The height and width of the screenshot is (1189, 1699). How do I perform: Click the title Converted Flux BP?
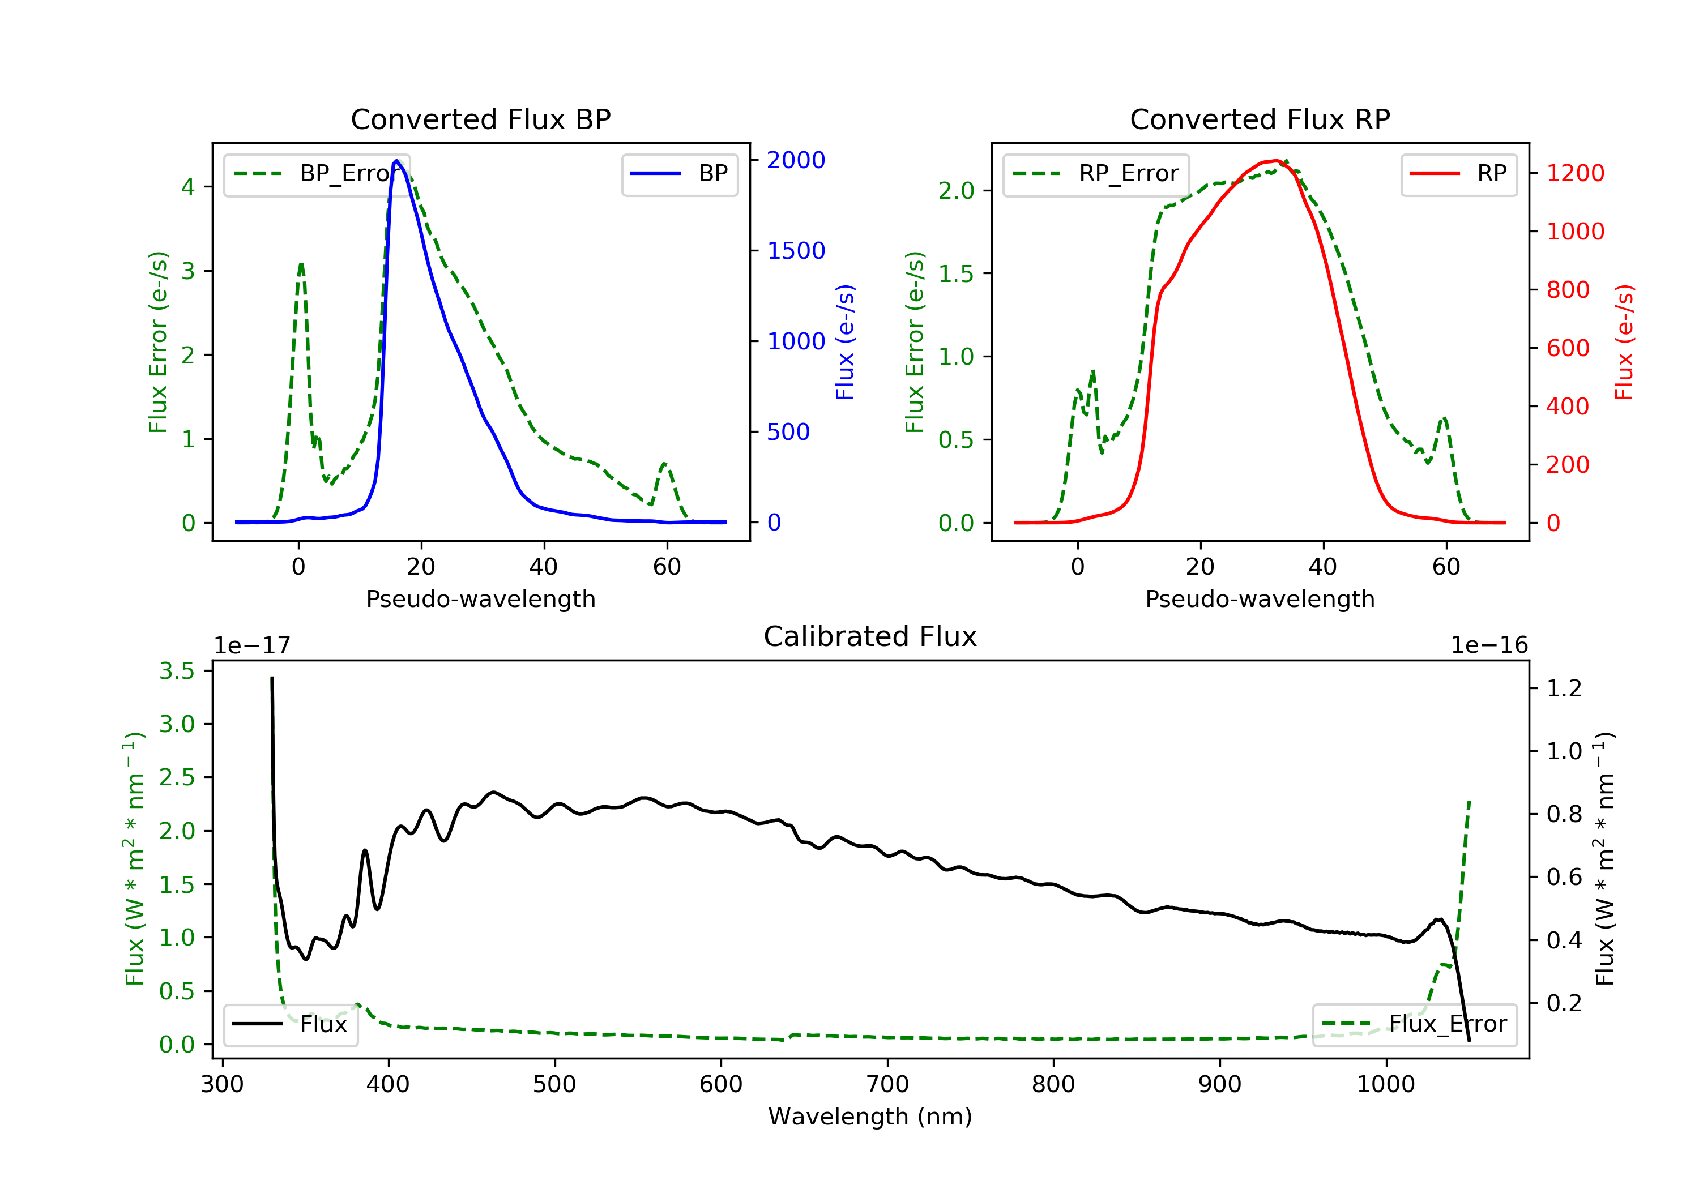tap(480, 119)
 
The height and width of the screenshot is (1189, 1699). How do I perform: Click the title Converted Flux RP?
tap(1260, 119)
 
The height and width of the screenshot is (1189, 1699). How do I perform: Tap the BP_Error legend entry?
tap(317, 174)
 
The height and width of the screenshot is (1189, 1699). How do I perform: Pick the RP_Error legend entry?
tap(1096, 174)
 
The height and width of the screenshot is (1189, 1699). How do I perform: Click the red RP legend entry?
tap(1458, 174)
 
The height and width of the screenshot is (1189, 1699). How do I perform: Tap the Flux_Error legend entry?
tap(1414, 1024)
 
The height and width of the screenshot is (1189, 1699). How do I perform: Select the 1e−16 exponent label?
tap(1489, 645)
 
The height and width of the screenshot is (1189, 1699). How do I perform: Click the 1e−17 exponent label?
tap(251, 645)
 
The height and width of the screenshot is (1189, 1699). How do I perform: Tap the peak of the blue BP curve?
tap(396, 161)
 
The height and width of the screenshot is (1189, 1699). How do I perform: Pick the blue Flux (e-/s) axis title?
tap(844, 342)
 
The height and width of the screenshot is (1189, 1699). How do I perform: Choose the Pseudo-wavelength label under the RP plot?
tap(1260, 598)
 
